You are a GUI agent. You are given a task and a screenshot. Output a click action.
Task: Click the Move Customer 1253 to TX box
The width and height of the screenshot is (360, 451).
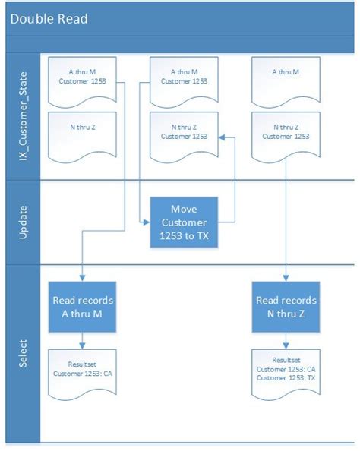[183, 221]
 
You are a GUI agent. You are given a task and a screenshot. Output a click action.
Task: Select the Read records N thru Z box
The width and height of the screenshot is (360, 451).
[286, 306]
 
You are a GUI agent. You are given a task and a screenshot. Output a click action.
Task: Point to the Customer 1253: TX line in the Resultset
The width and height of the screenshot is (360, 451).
[286, 377]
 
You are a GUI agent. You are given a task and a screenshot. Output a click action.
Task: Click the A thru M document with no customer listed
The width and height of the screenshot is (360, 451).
[286, 79]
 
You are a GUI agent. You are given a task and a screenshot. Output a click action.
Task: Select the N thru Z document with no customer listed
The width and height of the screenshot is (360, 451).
[82, 134]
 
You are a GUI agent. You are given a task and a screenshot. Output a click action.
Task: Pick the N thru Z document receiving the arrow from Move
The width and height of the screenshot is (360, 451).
[183, 134]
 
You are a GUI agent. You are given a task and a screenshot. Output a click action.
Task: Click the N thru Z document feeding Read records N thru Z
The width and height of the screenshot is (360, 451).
[286, 134]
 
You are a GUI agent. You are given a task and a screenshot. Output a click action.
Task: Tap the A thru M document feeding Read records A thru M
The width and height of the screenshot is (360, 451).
[82, 79]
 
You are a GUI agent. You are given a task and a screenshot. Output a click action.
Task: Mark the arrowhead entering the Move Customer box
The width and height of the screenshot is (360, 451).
[146, 221]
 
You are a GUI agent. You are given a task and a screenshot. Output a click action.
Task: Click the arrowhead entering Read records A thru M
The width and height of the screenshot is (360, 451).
[82, 277]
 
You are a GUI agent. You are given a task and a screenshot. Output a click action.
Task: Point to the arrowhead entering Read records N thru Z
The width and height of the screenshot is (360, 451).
[286, 277]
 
